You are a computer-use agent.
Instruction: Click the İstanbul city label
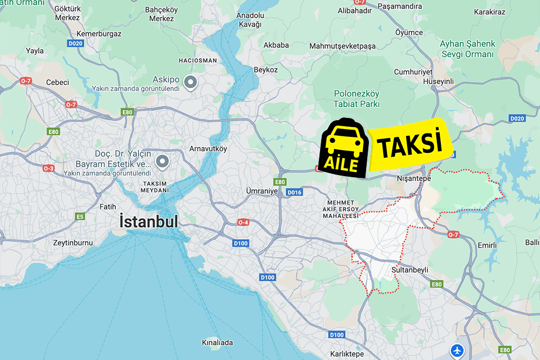tap(149, 222)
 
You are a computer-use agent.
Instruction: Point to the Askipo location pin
tap(191, 83)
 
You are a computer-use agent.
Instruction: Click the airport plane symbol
tap(456, 350)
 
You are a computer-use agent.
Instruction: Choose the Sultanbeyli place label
tap(410, 270)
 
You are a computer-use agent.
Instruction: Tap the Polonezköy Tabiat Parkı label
tap(357, 99)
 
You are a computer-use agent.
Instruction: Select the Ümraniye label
tap(261, 191)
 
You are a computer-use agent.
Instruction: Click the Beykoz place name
tap(265, 70)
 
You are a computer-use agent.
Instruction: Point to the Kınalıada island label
tap(218, 342)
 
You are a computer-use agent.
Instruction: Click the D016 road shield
tap(295, 193)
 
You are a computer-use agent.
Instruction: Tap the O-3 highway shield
tap(48, 168)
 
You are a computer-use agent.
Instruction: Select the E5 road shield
tap(80, 217)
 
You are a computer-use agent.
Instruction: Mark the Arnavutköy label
tap(208, 148)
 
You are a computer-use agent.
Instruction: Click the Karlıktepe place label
tap(347, 354)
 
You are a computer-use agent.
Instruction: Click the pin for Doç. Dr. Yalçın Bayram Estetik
tap(162, 162)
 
